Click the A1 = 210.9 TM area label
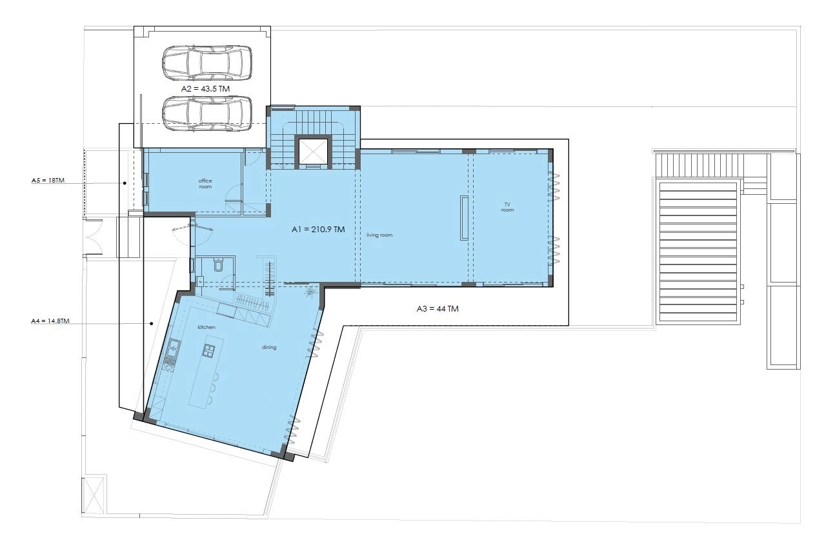click(x=318, y=230)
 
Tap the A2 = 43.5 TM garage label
click(x=205, y=88)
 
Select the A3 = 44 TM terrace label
click(x=438, y=308)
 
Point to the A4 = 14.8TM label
click(x=50, y=321)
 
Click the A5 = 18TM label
click(x=48, y=181)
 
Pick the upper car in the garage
click(x=207, y=63)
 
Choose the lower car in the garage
click(x=207, y=114)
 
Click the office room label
click(x=205, y=184)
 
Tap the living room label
click(x=379, y=235)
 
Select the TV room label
click(x=507, y=207)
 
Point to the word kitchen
click(x=206, y=327)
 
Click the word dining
click(x=269, y=347)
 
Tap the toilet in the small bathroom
click(x=219, y=265)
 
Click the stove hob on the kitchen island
click(x=209, y=350)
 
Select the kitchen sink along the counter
click(x=174, y=347)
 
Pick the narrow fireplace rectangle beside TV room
click(x=465, y=217)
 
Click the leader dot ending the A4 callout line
click(x=152, y=323)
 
